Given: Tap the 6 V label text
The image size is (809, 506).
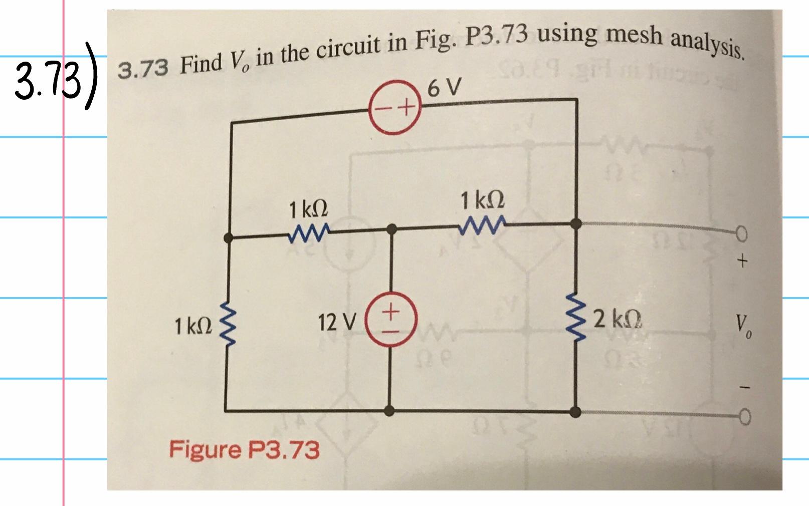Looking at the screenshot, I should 444,90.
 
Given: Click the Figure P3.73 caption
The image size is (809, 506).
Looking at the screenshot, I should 244,449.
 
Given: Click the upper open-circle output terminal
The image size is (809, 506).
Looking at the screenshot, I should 742,234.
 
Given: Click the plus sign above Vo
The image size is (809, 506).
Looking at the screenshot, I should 742,261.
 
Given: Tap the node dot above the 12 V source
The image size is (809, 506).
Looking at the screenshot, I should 392,230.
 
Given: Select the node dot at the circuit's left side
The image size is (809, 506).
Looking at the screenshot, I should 229,239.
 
